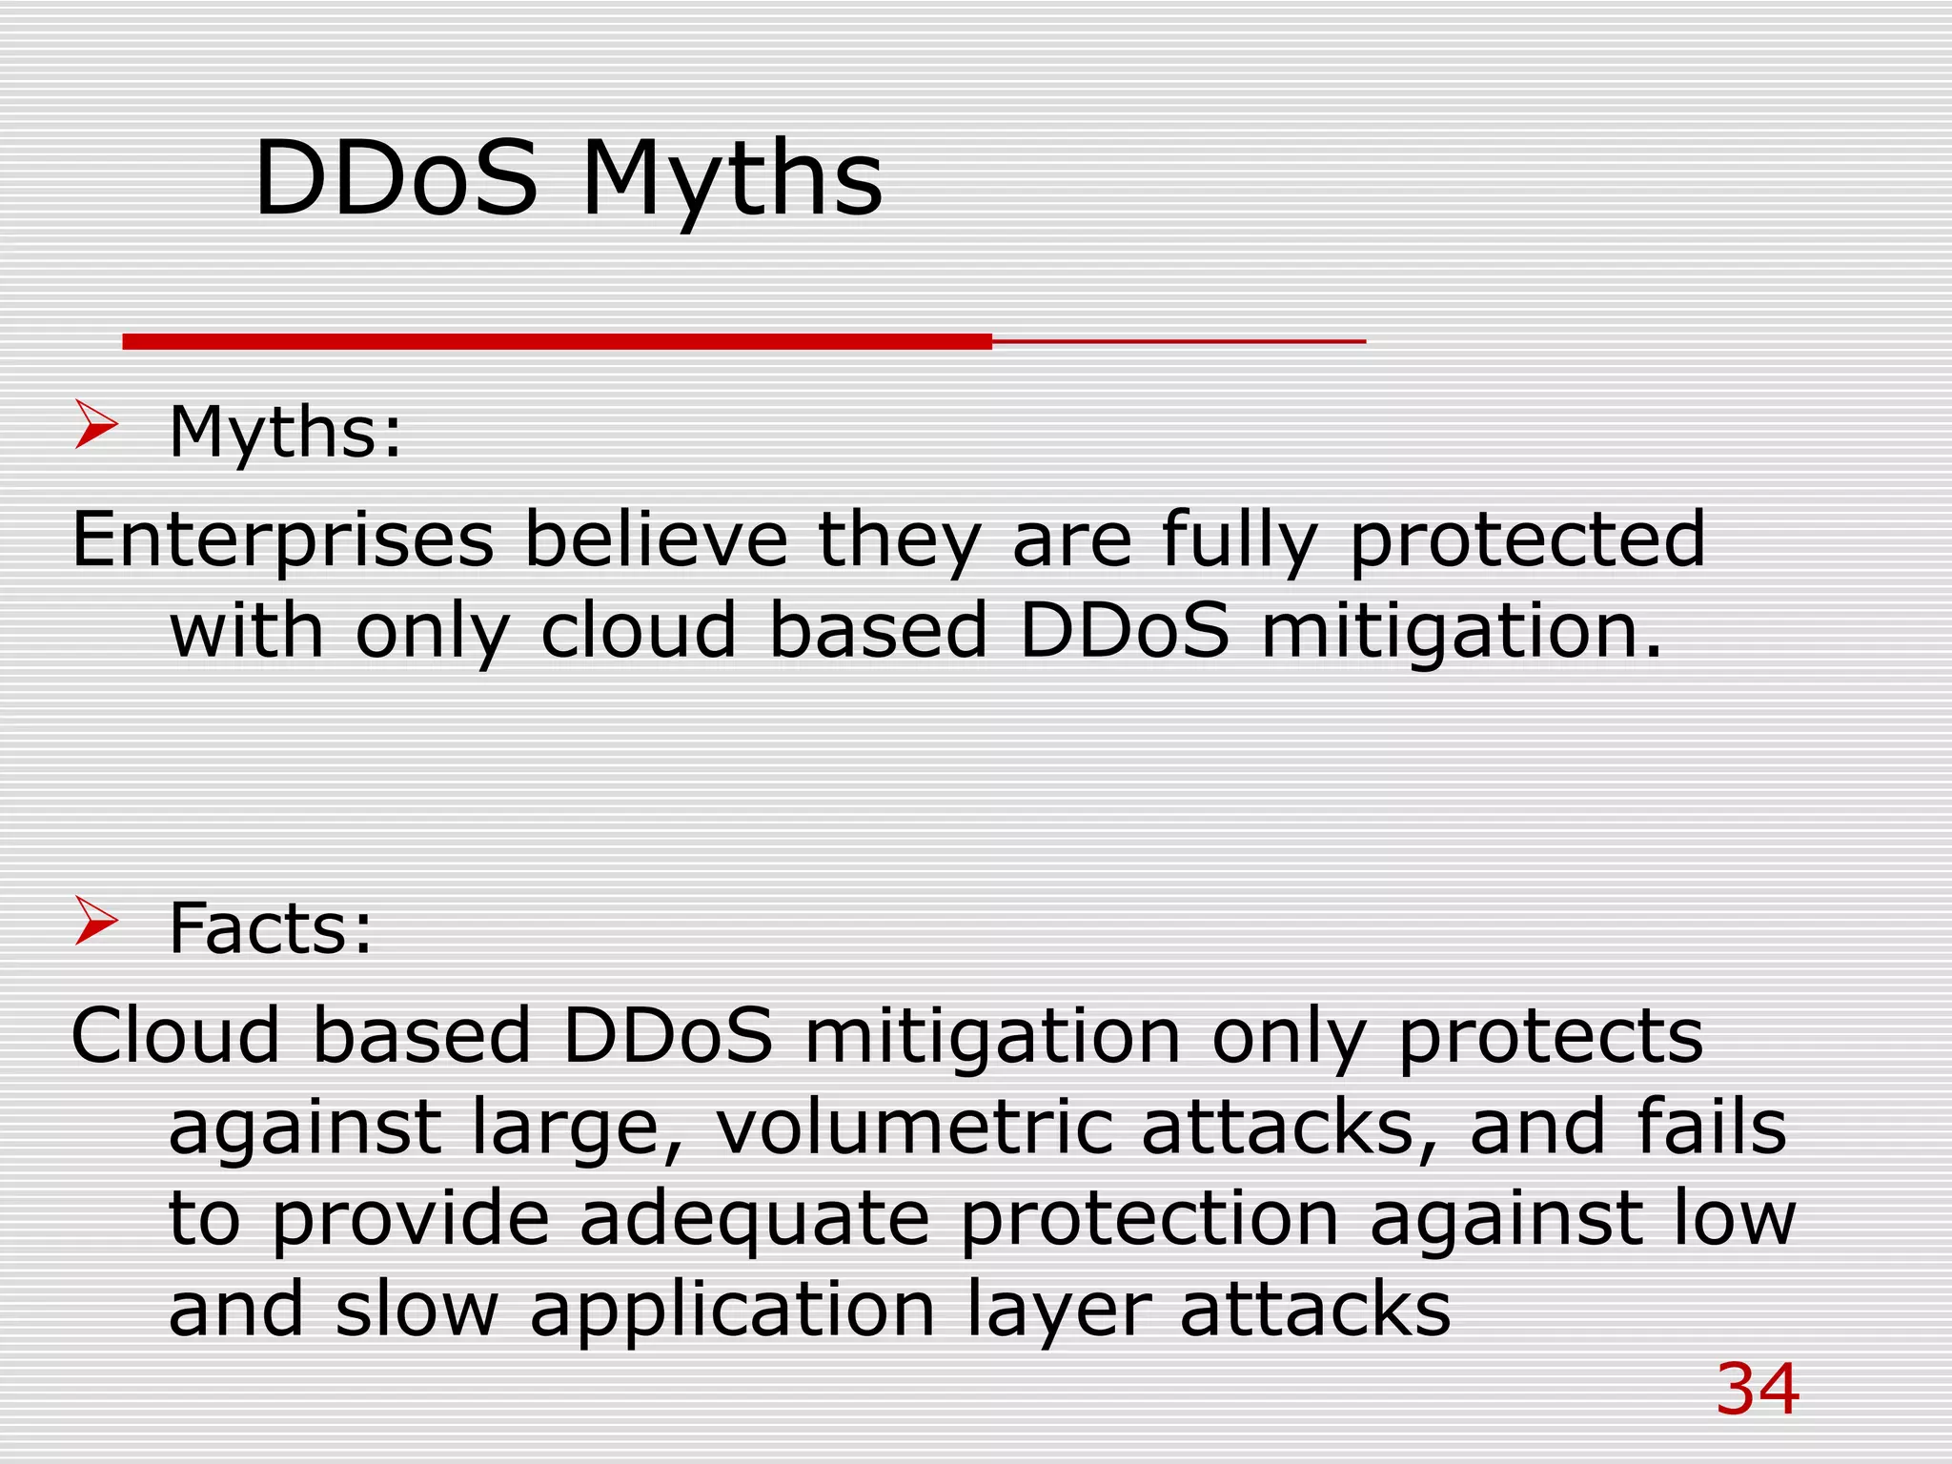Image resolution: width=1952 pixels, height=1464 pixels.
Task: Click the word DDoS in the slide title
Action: (x=396, y=179)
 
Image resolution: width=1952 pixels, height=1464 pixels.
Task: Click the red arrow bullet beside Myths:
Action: (x=95, y=425)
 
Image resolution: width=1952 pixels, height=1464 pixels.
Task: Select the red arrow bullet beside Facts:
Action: (x=95, y=922)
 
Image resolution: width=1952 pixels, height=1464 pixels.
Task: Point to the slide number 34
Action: (x=1758, y=1390)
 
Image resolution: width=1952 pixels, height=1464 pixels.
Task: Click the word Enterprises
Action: (x=283, y=539)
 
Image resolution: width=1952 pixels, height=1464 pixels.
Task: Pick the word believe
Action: (x=657, y=539)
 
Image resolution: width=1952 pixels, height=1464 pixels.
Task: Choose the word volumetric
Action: (x=913, y=1127)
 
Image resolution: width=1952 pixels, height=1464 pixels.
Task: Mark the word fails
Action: (x=1712, y=1127)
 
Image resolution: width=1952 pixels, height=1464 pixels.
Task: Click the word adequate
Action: (x=754, y=1220)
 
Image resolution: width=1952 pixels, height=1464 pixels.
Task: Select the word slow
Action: (x=417, y=1310)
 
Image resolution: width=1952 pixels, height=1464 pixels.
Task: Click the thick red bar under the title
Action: (x=558, y=341)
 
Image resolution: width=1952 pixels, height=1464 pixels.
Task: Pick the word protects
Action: (x=1550, y=1037)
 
